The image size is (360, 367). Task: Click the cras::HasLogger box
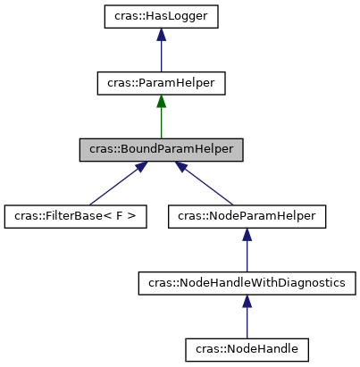coord(160,16)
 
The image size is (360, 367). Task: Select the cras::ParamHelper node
coord(160,83)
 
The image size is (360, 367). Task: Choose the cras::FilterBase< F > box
coord(75,216)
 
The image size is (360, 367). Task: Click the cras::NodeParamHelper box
coord(247,216)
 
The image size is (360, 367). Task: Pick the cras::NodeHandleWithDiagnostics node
coord(247,282)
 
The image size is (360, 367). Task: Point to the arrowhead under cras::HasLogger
coord(160,34)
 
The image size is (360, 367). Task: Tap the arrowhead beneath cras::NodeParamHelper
coord(247,234)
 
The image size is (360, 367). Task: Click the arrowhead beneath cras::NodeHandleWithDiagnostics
coord(247,301)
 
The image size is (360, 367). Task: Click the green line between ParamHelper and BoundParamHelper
coord(160,123)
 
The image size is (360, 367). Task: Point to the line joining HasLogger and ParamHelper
coord(160,56)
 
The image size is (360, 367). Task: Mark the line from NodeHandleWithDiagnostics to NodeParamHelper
coord(247,256)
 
